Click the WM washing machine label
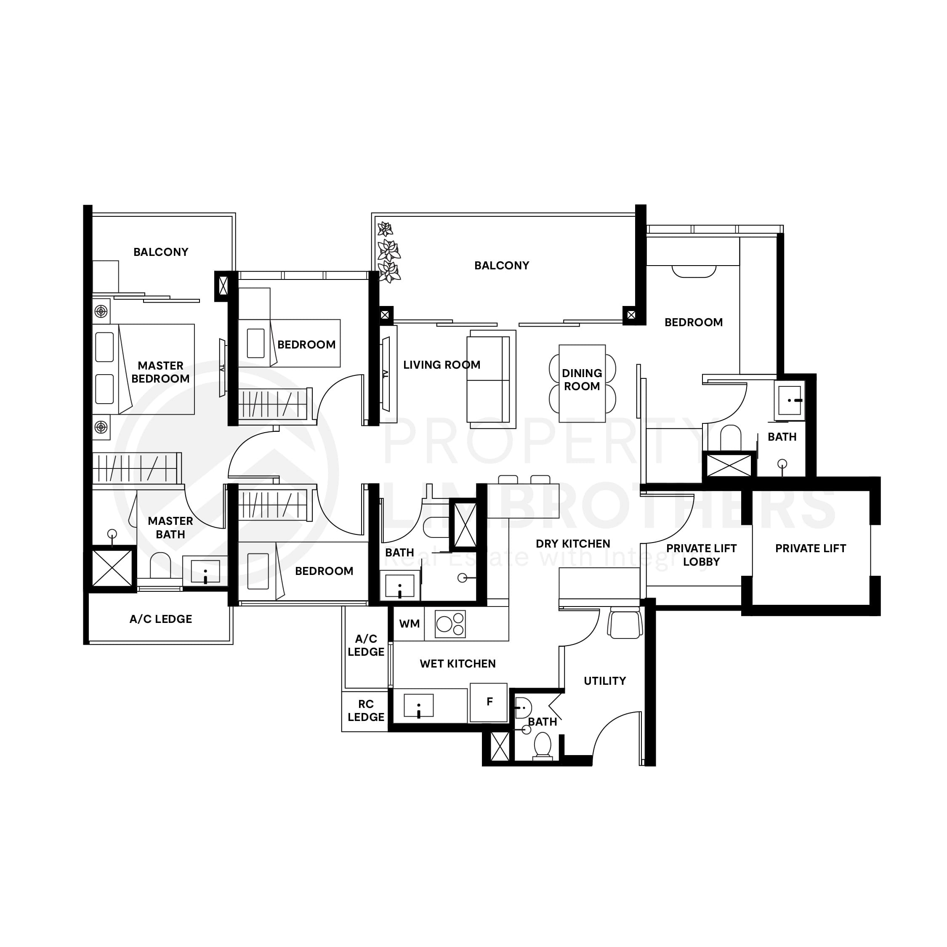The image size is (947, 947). tap(409, 624)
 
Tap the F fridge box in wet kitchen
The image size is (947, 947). tap(488, 702)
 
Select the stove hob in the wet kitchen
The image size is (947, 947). tap(450, 624)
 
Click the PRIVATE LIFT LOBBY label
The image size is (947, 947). tap(701, 555)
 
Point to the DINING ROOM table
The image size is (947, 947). tap(582, 383)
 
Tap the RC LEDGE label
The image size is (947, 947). tap(366, 710)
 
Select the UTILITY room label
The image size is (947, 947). tap(604, 681)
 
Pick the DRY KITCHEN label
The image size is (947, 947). tap(572, 544)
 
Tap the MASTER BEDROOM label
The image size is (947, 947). tap(160, 372)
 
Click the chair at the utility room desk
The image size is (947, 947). tap(625, 623)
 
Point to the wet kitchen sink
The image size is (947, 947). tap(418, 706)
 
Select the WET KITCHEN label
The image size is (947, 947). tap(458, 664)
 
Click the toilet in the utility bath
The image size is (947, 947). tap(543, 745)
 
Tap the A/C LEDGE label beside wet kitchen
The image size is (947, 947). tap(366, 645)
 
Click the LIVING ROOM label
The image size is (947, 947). tap(441, 364)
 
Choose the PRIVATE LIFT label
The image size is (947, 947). tap(810, 548)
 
